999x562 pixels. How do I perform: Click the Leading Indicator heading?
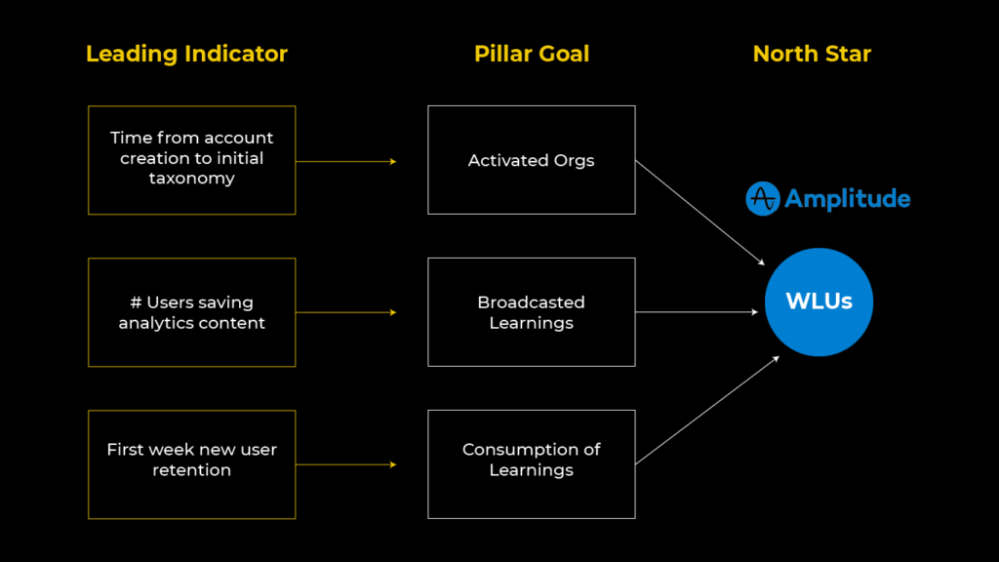pyautogui.click(x=186, y=54)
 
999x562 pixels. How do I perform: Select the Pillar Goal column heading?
pyautogui.click(x=532, y=54)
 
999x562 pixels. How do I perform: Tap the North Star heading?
pyautogui.click(x=812, y=54)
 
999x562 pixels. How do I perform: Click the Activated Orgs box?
pyautogui.click(x=532, y=160)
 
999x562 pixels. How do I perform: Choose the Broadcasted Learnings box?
pyautogui.click(x=532, y=312)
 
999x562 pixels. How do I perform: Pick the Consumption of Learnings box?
pyautogui.click(x=532, y=464)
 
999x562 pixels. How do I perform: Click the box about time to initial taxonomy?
pyautogui.click(x=192, y=160)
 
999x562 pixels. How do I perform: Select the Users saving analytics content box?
pyautogui.click(x=192, y=312)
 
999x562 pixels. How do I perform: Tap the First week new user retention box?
pyautogui.click(x=192, y=464)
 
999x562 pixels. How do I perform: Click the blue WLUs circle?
pyautogui.click(x=819, y=301)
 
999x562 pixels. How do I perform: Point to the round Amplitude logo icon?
pyautogui.click(x=762, y=199)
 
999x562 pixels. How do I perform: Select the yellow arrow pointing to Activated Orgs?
pyautogui.click(x=346, y=161)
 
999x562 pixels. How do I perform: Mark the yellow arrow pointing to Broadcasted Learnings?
pyautogui.click(x=346, y=312)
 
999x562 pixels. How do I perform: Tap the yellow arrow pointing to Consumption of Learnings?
pyautogui.click(x=346, y=464)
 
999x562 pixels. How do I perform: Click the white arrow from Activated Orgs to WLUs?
pyautogui.click(x=699, y=213)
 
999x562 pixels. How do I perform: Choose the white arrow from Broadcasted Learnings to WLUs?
pyautogui.click(x=697, y=312)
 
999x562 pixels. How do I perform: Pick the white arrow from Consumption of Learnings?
pyautogui.click(x=707, y=410)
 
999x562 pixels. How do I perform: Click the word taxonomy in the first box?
pyautogui.click(x=192, y=179)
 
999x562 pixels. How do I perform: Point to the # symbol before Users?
pyautogui.click(x=137, y=302)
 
